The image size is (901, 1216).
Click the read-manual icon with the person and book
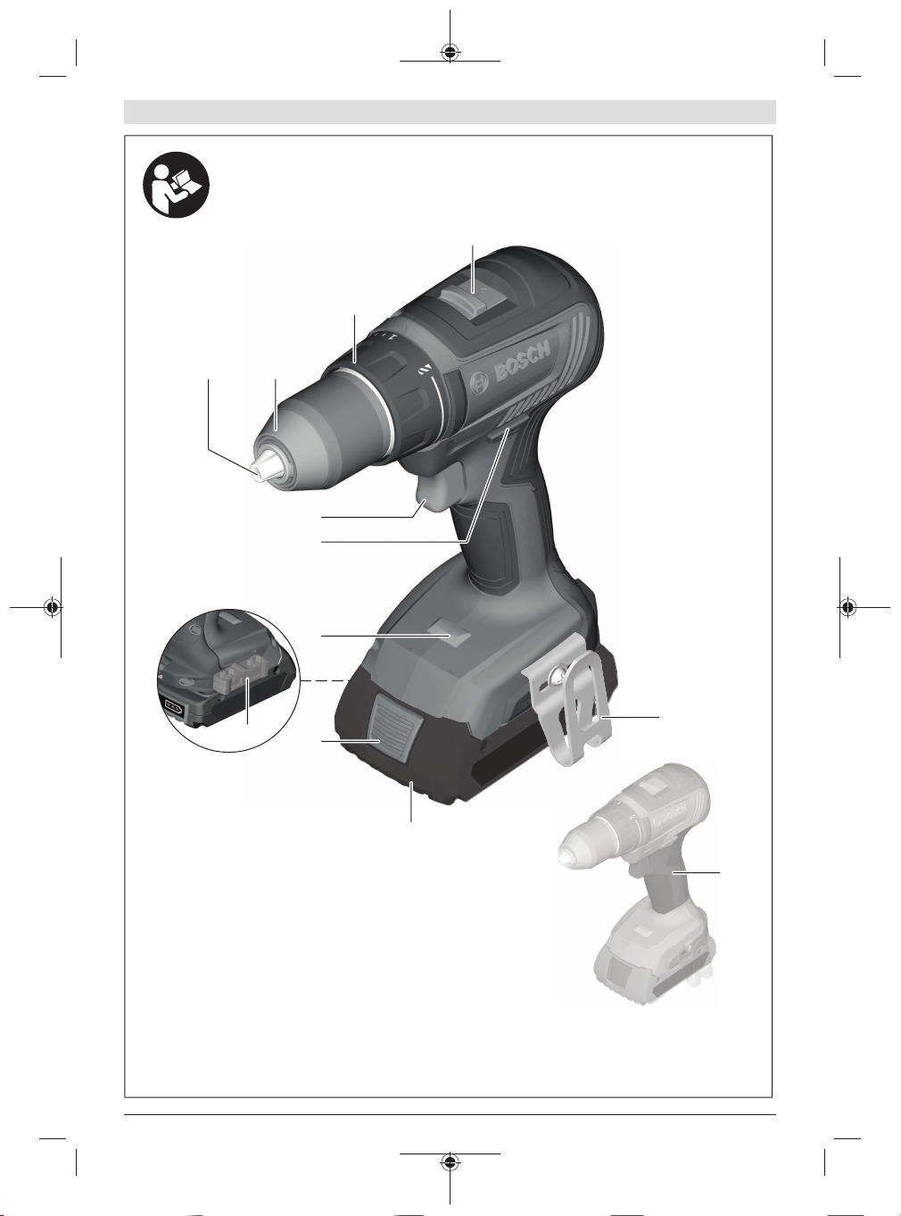177,185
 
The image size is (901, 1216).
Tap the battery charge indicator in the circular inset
174,708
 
